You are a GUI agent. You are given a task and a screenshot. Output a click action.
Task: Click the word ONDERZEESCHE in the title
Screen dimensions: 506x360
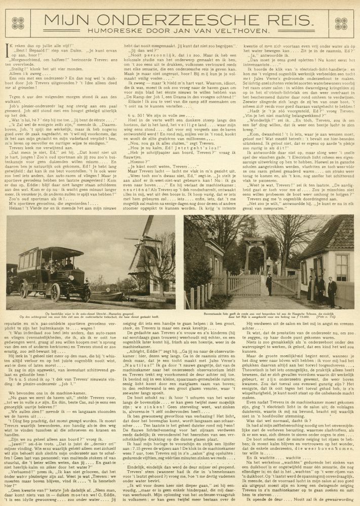pyautogui.click(x=168, y=21)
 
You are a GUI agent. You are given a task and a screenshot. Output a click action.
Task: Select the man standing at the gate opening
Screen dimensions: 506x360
pyautogui.click(x=269, y=285)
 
